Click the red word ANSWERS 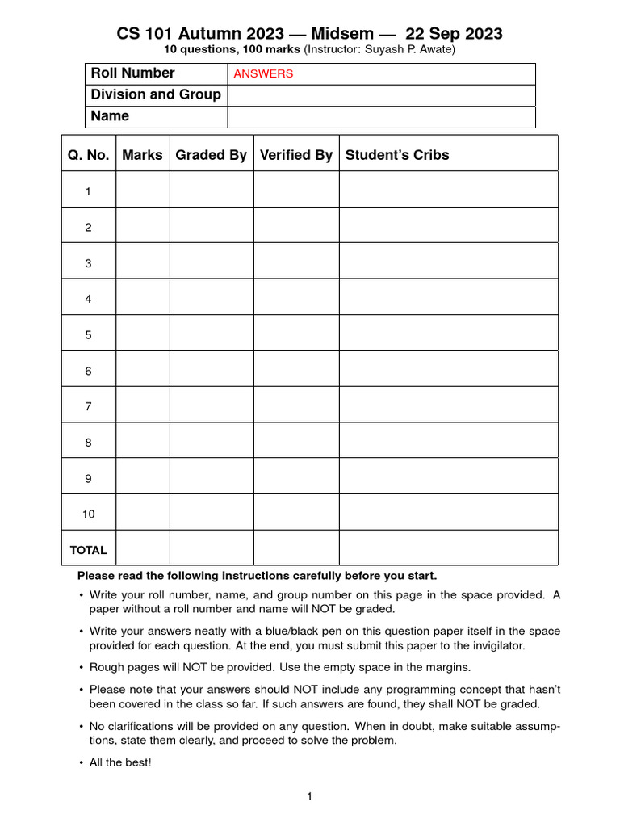tap(263, 73)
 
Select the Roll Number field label tap(132, 73)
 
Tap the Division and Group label tap(156, 94)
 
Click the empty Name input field tap(381, 116)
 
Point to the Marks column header tap(142, 155)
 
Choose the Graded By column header tap(212, 155)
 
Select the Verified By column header tap(296, 155)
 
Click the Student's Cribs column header tap(397, 155)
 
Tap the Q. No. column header tap(89, 155)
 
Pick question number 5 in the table tap(89, 335)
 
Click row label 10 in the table tap(89, 514)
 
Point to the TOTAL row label tap(89, 550)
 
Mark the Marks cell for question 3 tap(142, 263)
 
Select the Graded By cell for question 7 tap(212, 407)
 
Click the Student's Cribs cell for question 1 tap(448, 191)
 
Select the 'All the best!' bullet tap(120, 762)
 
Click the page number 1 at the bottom tap(309, 797)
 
